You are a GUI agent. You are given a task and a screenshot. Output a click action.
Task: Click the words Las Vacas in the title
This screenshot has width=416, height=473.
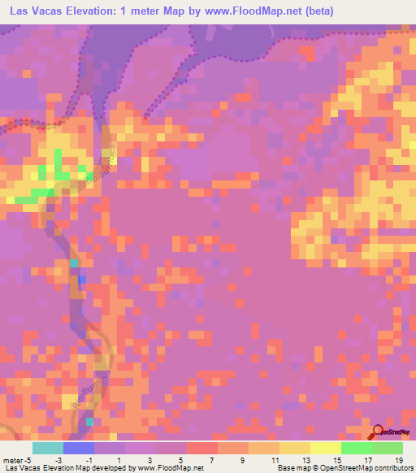tap(32, 11)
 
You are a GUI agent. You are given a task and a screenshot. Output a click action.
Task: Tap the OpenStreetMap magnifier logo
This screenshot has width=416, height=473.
tap(379, 432)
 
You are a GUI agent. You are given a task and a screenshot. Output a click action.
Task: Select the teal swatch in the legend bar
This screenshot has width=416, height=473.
tap(48, 447)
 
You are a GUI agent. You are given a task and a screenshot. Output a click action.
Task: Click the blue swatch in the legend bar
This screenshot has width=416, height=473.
tap(78, 447)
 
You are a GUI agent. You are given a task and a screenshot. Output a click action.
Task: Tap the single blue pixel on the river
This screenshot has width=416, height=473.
tap(81, 279)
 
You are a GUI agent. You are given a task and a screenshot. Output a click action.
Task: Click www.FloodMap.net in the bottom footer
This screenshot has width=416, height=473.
tap(171, 467)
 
